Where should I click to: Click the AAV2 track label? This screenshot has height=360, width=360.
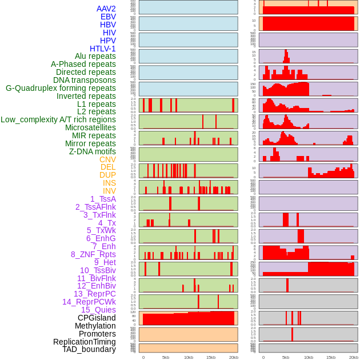[106, 9]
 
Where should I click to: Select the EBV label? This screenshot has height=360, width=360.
[108, 17]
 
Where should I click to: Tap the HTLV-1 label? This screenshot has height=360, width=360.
[102, 49]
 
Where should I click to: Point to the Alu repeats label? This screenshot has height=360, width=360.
[95, 57]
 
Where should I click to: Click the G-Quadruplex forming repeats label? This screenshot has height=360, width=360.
[61, 88]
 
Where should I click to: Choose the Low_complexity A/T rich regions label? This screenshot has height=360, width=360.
[58, 119]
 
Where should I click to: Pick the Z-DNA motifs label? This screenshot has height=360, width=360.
[92, 151]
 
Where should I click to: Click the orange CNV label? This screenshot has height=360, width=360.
[107, 159]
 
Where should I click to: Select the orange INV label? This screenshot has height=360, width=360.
[109, 191]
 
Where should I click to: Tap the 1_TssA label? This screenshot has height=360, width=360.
[103, 199]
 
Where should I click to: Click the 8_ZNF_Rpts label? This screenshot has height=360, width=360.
[93, 254]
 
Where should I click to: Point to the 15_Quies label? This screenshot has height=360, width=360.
[98, 310]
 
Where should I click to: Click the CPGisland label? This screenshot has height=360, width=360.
[97, 318]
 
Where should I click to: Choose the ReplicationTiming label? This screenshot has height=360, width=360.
[85, 342]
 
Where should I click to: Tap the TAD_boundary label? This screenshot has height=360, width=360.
[89, 349]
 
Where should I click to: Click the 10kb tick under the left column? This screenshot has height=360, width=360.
[189, 357]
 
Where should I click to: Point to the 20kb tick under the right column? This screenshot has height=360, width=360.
[354, 357]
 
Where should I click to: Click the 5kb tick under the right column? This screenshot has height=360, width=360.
[286, 357]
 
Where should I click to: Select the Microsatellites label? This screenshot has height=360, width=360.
[90, 127]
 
